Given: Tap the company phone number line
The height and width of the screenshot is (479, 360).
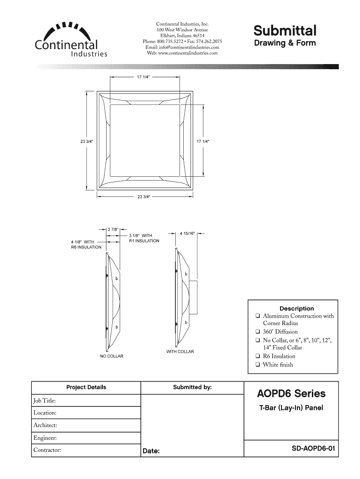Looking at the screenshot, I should (182, 42).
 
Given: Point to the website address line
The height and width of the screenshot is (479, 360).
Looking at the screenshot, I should (182, 53).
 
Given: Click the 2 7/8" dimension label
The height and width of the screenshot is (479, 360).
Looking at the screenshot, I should (113, 230).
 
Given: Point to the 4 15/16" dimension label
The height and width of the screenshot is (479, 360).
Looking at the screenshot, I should (187, 232).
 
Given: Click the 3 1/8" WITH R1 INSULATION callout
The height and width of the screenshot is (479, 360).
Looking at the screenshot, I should (144, 238).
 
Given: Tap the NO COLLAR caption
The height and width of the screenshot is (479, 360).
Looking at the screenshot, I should (112, 356).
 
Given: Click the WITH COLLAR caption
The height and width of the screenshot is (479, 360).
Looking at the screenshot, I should (180, 351).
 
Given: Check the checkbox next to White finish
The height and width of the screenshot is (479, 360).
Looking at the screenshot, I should (258, 365).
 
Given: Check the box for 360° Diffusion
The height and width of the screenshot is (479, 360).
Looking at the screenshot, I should (258, 332).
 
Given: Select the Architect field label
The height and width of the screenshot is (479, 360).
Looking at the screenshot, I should (45, 425).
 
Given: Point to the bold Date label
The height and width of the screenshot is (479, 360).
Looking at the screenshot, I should (151, 451).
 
